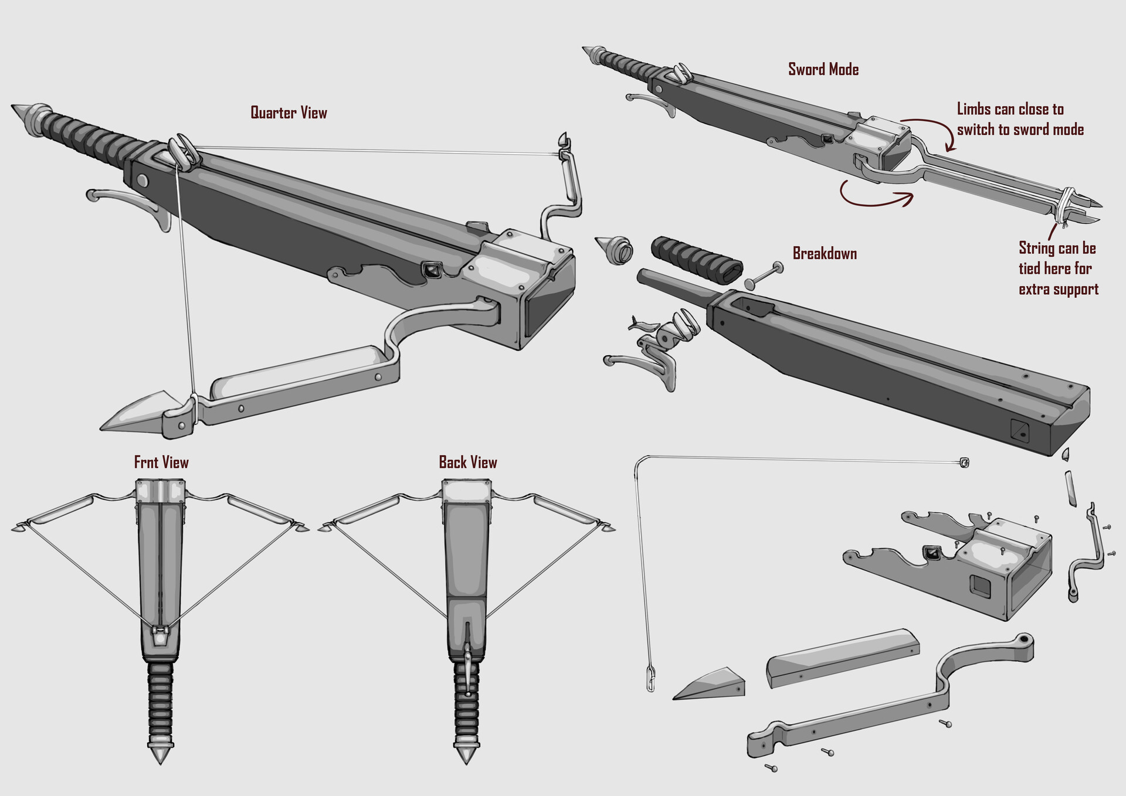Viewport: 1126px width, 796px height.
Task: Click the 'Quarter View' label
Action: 289,113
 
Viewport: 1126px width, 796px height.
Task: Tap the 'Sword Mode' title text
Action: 823,69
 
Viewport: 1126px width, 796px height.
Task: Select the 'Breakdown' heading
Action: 825,253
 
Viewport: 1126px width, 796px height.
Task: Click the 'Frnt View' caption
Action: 161,462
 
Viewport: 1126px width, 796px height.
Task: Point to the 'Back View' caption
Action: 467,462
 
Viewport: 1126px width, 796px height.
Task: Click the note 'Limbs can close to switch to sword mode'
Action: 1020,119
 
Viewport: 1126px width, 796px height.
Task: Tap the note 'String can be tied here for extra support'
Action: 1058,268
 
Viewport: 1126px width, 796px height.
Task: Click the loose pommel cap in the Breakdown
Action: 615,250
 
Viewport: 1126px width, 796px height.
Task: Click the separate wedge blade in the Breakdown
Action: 711,683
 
